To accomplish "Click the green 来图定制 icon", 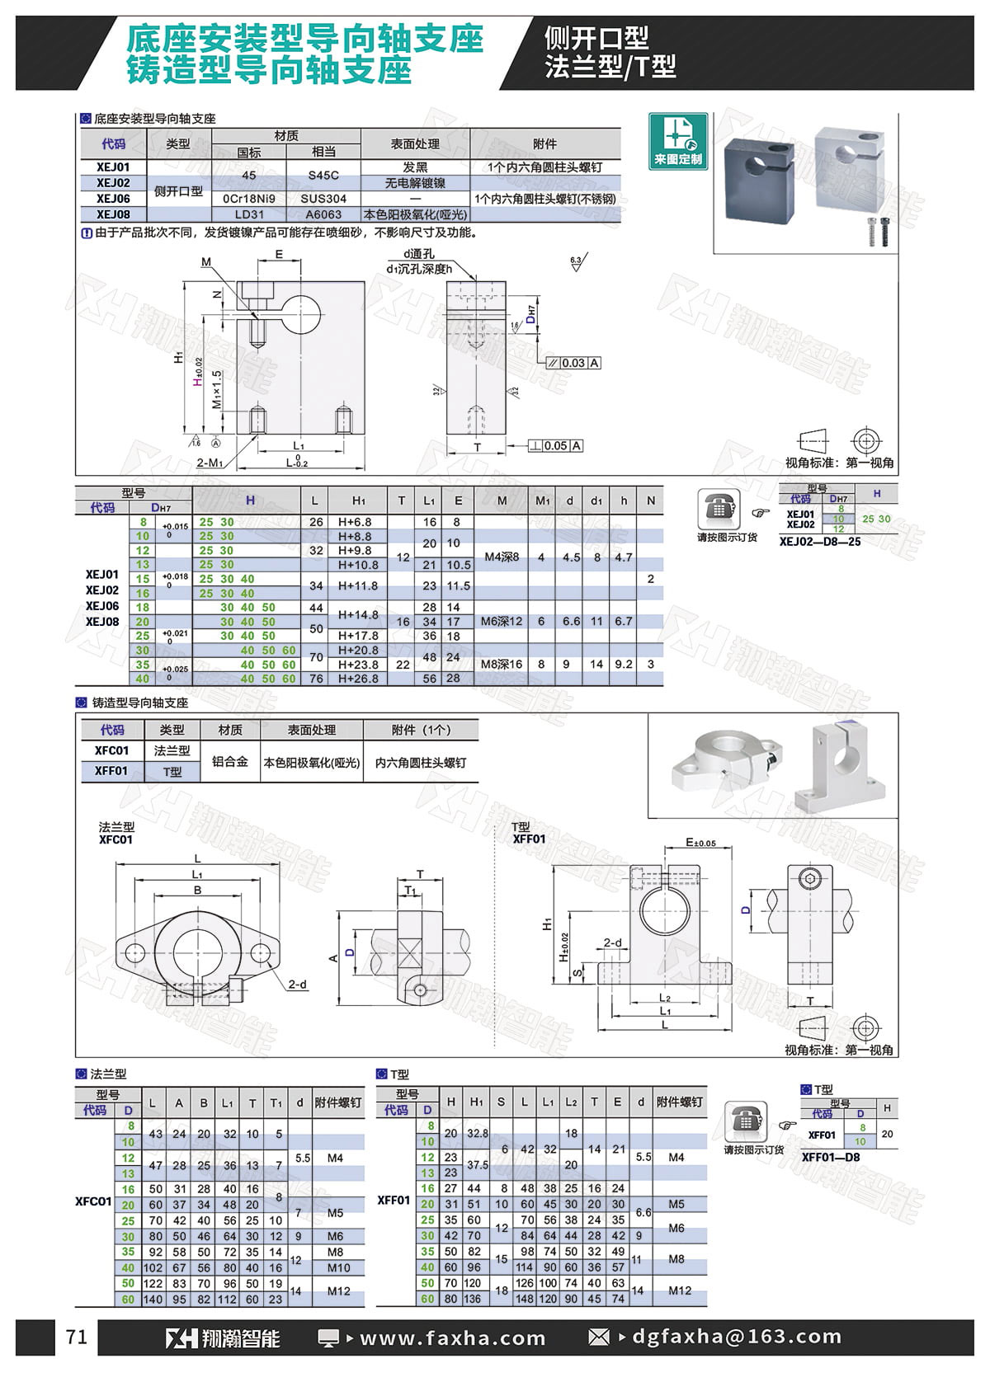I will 678,141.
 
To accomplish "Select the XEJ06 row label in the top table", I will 113,199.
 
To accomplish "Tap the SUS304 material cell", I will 323,199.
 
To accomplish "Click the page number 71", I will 77,1337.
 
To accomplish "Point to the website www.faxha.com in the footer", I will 453,1337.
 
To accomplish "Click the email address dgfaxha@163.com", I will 737,1337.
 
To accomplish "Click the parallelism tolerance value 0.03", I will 573,363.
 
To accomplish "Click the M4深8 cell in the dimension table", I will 502,557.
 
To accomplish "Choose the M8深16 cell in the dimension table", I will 502,664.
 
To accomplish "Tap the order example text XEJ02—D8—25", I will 820,542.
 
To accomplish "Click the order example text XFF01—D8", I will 831,1157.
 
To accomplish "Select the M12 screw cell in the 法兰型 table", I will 338,1291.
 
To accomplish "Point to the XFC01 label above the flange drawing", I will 115,839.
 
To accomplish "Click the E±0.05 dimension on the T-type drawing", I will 700,843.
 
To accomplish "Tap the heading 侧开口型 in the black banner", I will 596,38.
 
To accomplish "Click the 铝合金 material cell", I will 229,762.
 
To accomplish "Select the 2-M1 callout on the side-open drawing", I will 210,463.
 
